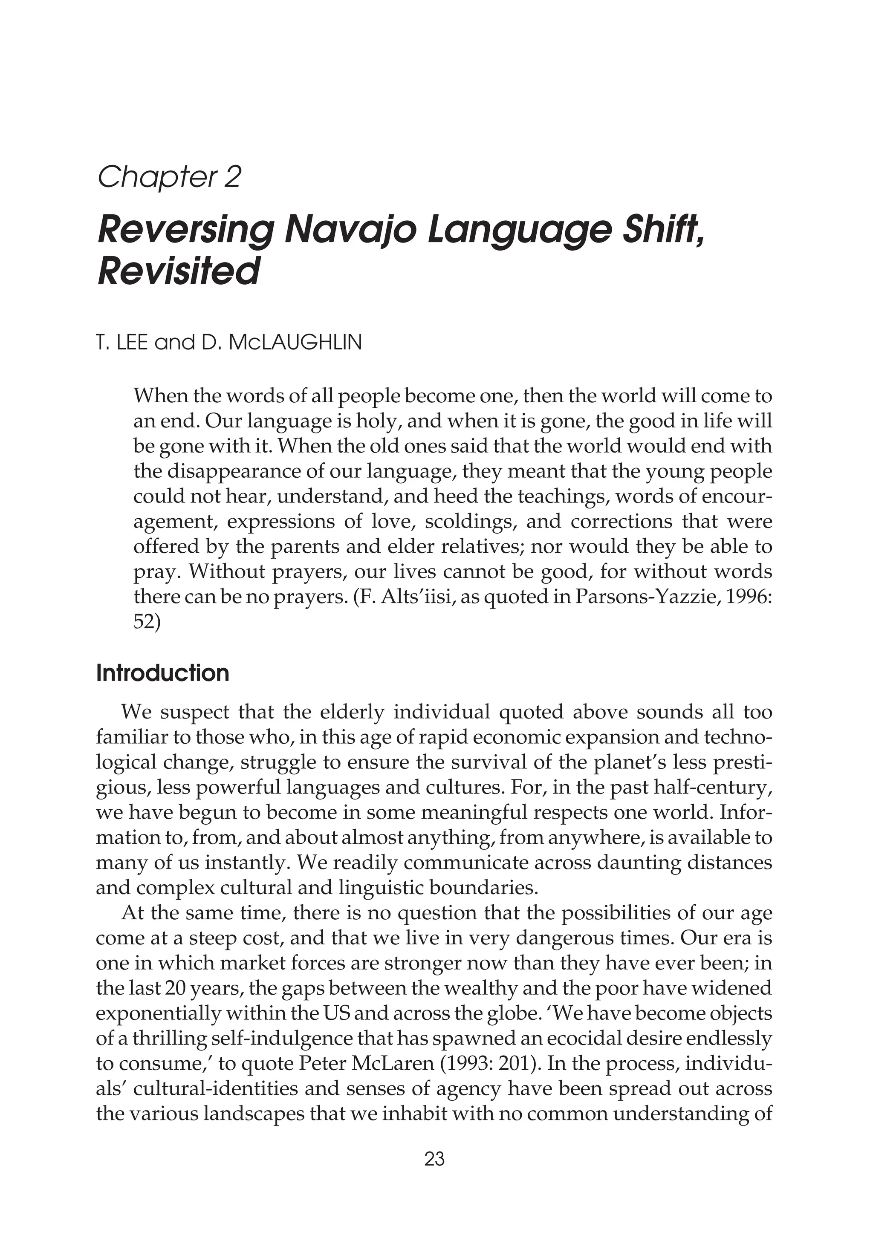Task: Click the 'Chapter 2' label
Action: tap(169, 177)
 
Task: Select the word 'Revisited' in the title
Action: tap(179, 271)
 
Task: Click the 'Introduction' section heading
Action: tap(162, 673)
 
